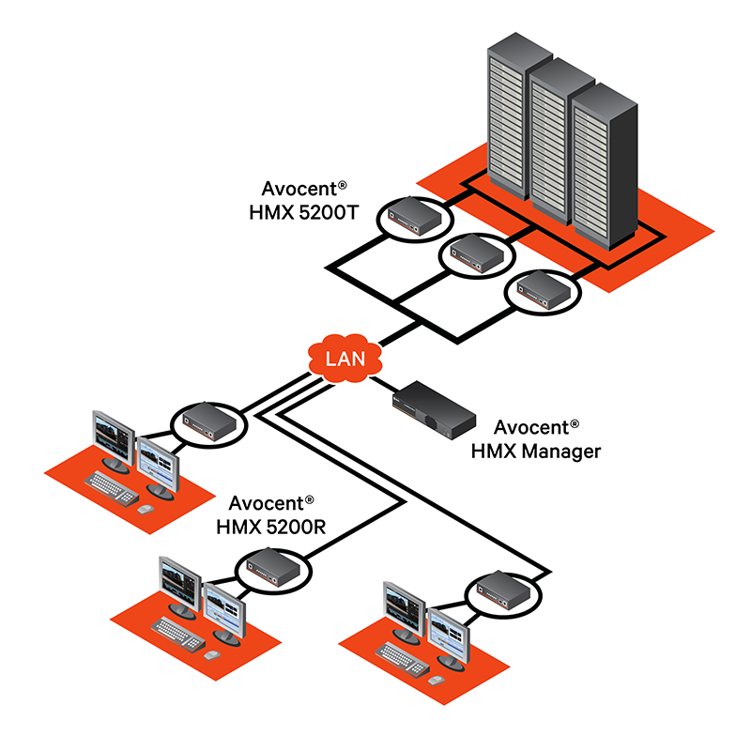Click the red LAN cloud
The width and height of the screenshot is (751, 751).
point(344,358)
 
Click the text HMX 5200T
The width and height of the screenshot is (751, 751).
point(296,215)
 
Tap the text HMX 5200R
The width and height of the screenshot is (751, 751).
point(270,526)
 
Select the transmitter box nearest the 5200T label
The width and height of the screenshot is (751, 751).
point(415,217)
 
